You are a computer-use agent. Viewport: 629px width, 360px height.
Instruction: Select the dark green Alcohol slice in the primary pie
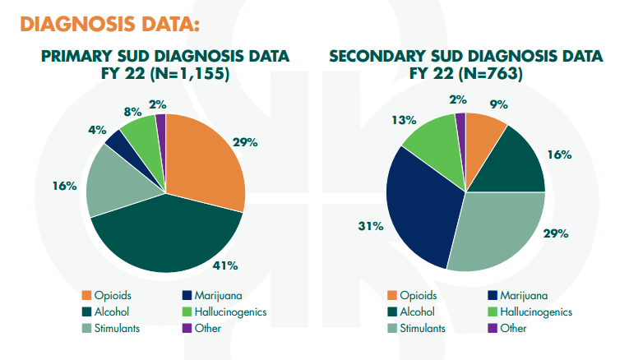pyautogui.click(x=173, y=234)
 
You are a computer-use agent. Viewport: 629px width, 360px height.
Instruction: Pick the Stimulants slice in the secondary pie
pyautogui.click(x=493, y=230)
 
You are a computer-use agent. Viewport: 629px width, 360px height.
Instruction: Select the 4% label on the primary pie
pyautogui.click(x=96, y=129)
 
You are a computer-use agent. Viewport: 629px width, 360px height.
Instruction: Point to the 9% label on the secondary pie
pyautogui.click(x=498, y=104)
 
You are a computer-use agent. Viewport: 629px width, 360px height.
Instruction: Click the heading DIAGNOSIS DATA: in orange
pyautogui.click(x=109, y=24)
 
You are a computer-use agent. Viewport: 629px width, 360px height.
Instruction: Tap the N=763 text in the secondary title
pyautogui.click(x=491, y=74)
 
